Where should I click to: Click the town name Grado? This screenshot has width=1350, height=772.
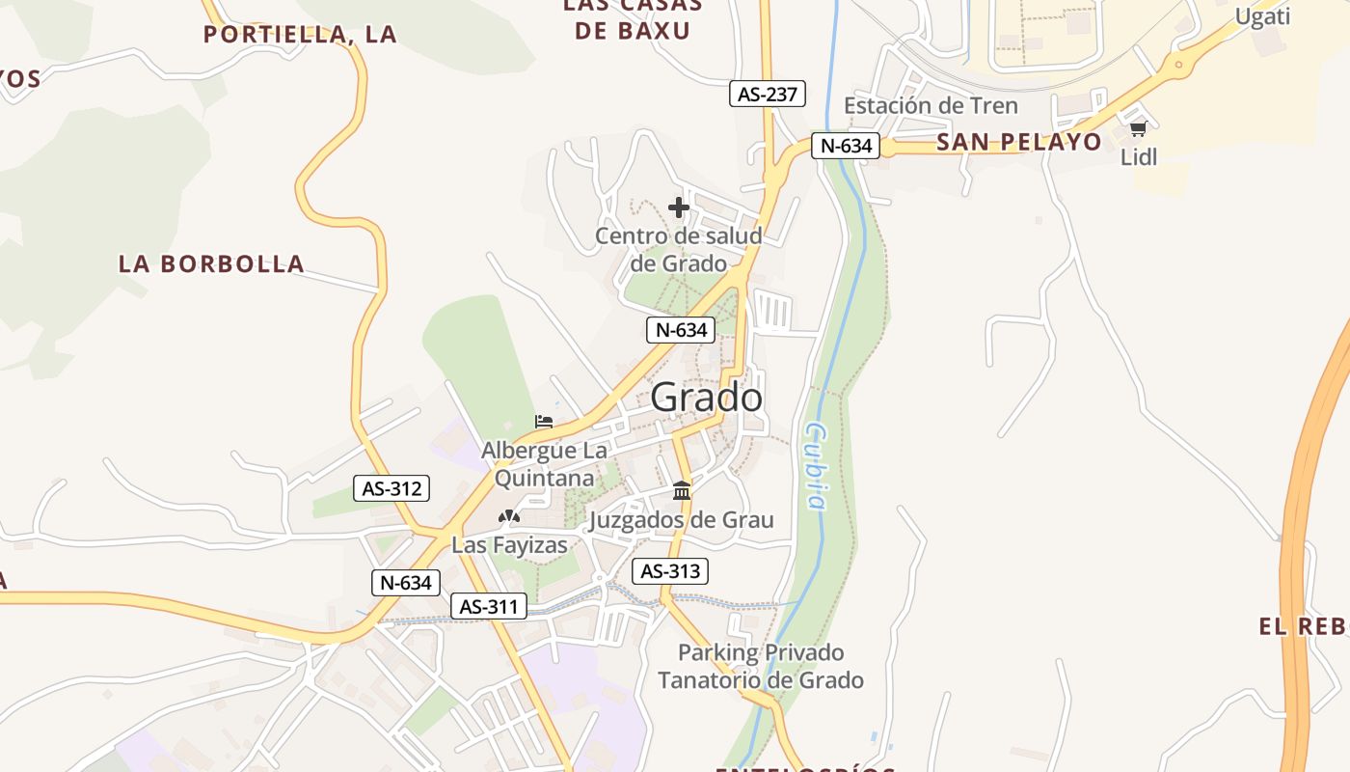tap(706, 398)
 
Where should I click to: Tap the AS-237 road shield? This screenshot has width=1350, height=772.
tap(767, 94)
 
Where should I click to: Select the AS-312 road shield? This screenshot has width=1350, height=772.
tap(391, 488)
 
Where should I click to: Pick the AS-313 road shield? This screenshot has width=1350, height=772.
tap(670, 571)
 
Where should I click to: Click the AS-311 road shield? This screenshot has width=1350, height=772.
tap(489, 606)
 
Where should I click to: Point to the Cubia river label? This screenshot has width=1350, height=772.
tap(816, 465)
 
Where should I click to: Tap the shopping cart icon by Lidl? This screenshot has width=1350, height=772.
tap(1138, 129)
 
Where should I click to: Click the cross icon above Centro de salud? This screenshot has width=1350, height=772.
tap(679, 207)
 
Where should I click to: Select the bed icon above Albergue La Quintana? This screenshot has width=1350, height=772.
tap(544, 422)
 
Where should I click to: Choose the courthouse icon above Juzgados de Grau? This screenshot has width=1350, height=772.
tap(682, 491)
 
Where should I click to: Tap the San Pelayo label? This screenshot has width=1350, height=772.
tap(1018, 142)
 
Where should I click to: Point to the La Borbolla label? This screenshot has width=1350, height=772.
tap(211, 263)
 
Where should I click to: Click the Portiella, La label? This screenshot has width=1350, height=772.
tap(301, 35)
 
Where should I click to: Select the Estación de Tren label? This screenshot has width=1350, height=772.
tap(931, 105)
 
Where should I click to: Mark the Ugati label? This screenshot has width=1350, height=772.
tap(1262, 16)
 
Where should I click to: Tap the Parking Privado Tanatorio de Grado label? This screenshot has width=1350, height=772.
tap(761, 666)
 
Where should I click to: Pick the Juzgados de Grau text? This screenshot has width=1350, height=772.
tap(681, 520)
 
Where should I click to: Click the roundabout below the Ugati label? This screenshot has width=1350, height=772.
tap(1177, 66)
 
